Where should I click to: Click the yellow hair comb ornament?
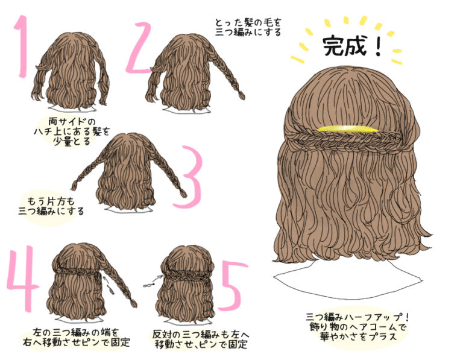[347, 129]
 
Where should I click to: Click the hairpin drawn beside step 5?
[149, 285]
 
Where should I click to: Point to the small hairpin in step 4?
[110, 289]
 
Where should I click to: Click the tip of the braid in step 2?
[242, 96]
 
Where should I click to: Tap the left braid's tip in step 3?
[74, 186]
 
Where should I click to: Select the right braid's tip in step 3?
[184, 194]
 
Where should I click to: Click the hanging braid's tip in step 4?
[134, 303]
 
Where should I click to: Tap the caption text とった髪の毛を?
[248, 22]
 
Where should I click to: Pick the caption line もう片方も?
[51, 201]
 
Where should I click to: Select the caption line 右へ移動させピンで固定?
[77, 343]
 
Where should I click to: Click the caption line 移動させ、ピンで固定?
[201, 344]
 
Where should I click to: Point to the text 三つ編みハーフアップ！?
[358, 317]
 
